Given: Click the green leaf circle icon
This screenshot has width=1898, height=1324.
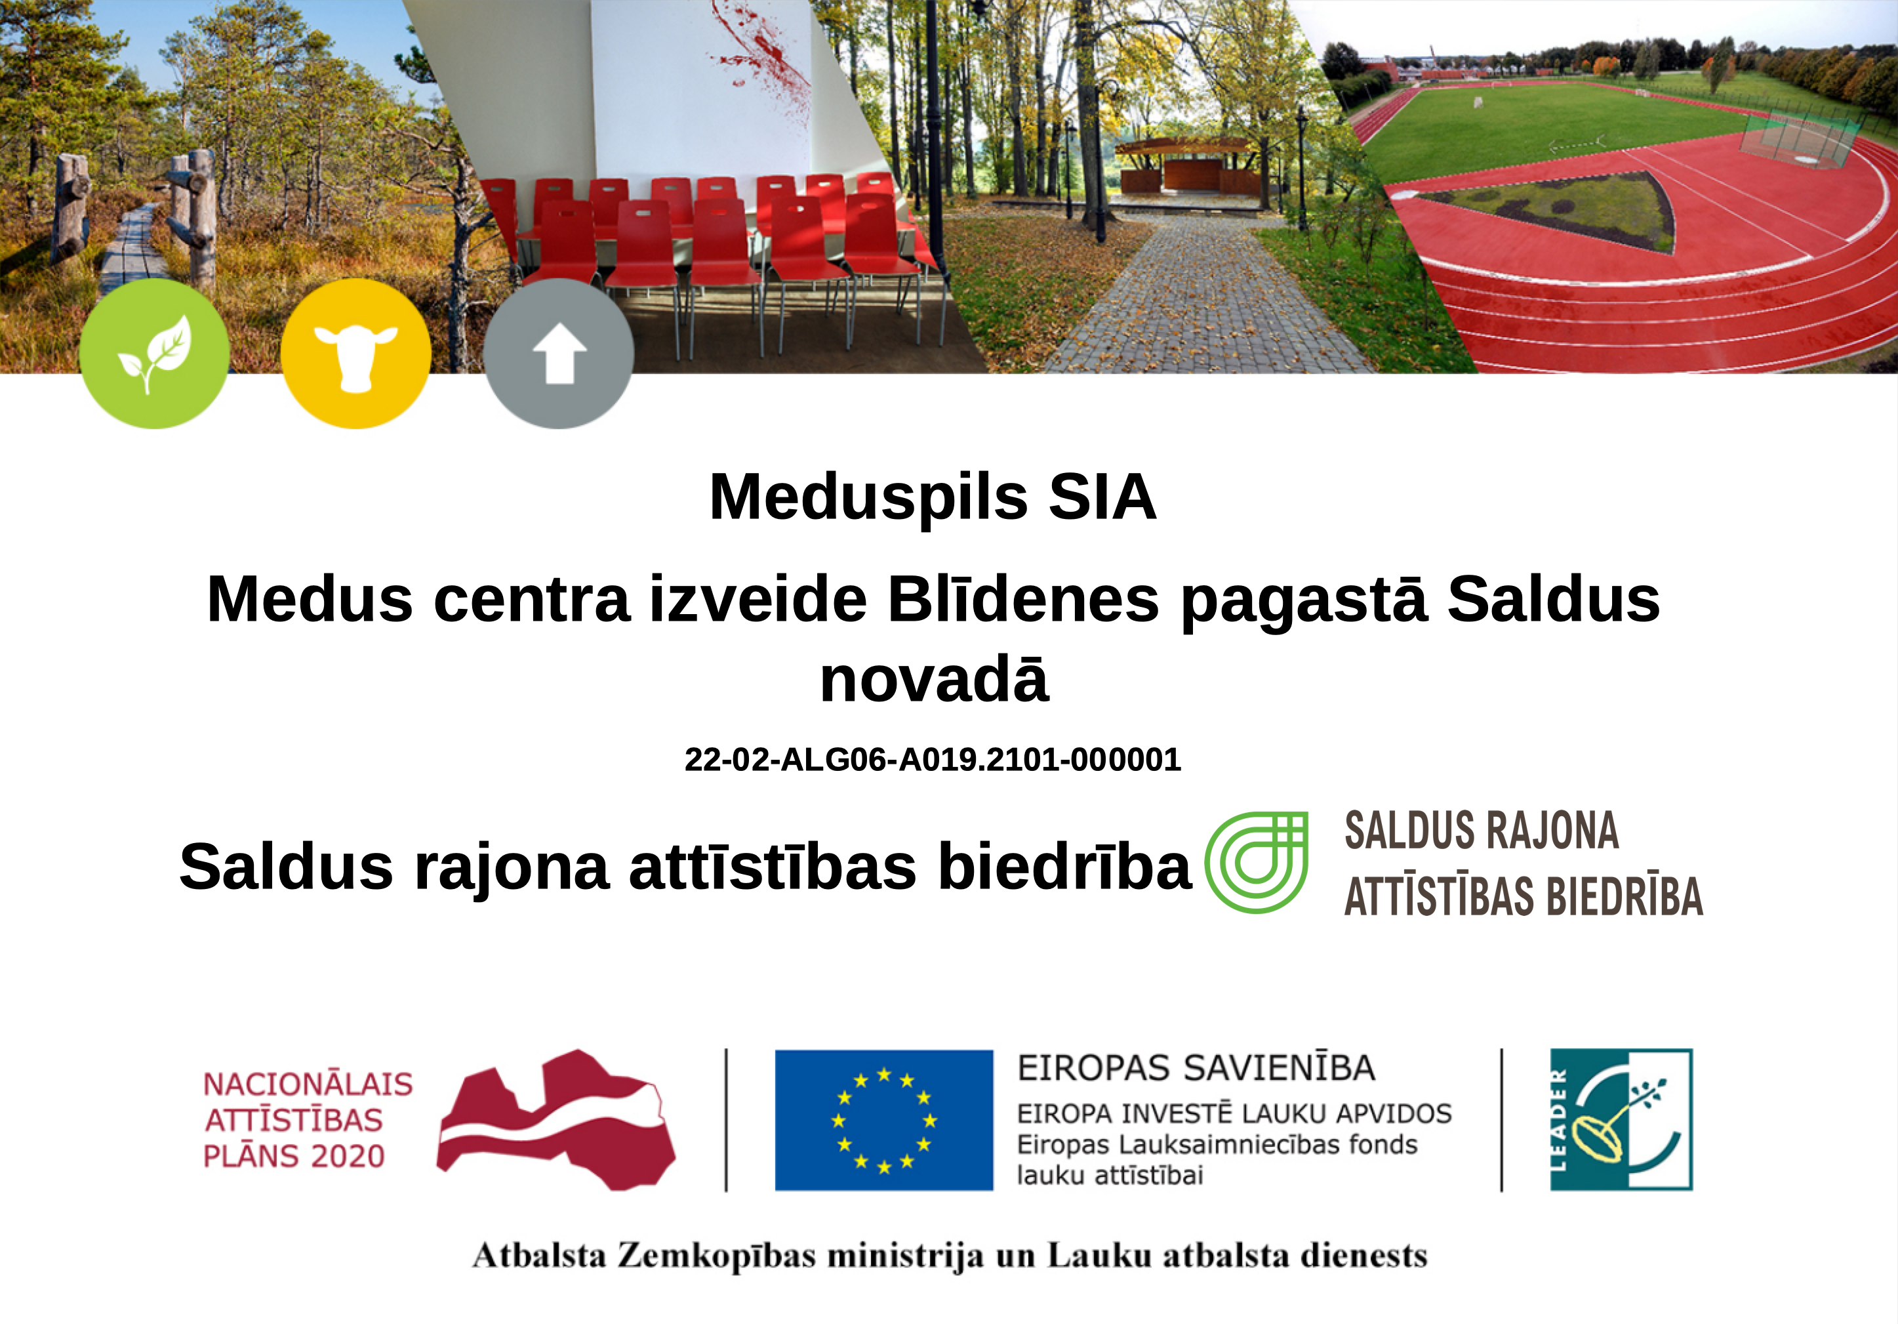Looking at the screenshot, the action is [155, 353].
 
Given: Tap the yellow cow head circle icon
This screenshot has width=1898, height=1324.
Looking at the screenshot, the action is [356, 353].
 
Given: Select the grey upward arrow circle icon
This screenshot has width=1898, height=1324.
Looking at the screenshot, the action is [559, 353].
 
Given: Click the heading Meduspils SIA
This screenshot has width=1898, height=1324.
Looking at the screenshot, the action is [933, 498].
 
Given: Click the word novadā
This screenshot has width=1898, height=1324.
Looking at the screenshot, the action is [934, 680].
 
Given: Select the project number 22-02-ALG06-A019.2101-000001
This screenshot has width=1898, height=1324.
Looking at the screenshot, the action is [933, 759].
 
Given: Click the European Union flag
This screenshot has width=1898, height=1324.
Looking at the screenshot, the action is [883, 1120].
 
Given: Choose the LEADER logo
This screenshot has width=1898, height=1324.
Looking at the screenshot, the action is [1621, 1120].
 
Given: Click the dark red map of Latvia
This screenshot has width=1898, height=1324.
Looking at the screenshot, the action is [555, 1120].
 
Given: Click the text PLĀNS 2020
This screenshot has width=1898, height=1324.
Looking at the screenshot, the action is [294, 1156].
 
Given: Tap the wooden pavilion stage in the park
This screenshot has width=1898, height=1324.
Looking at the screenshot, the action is [1183, 168].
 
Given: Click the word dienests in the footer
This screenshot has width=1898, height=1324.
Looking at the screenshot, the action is [1363, 1255].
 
